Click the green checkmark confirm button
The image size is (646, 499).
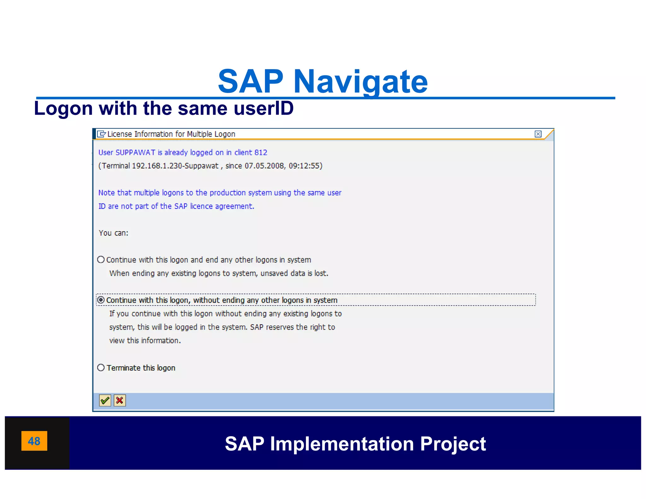(x=105, y=401)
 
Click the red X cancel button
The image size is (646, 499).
(x=120, y=401)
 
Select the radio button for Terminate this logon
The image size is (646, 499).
(x=101, y=368)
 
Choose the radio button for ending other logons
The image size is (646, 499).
(x=101, y=260)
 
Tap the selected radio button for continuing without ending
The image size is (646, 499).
(x=101, y=300)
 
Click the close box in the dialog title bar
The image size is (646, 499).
(x=538, y=134)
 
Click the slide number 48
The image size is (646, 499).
(x=34, y=441)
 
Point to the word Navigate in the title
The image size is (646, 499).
(x=360, y=82)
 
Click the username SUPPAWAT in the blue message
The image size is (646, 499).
(x=135, y=153)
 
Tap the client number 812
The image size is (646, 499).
(x=261, y=153)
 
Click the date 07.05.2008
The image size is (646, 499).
(x=264, y=166)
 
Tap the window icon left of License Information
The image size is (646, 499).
(x=101, y=134)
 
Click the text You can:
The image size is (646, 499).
(x=114, y=233)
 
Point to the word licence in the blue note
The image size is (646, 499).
(x=201, y=206)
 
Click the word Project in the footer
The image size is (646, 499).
(x=453, y=444)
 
